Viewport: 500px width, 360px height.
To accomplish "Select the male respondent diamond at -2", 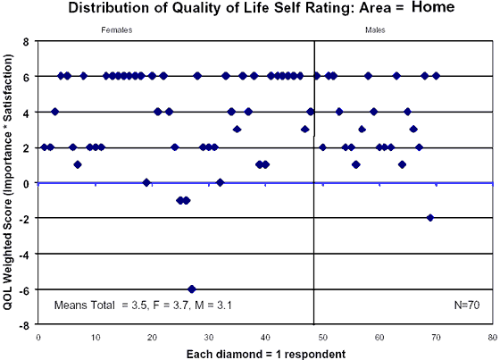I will (x=430, y=217).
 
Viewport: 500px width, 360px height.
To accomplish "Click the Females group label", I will (x=112, y=31).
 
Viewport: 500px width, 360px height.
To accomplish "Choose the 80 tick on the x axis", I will (x=492, y=337).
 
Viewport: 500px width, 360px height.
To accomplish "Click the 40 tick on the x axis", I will (x=265, y=337).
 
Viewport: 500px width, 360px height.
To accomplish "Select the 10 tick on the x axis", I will (x=95, y=337).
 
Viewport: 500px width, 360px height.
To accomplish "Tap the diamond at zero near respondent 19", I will (x=146, y=182).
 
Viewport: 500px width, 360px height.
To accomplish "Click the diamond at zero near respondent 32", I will (x=221, y=182).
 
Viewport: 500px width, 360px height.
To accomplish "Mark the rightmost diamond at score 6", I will (x=436, y=76).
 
